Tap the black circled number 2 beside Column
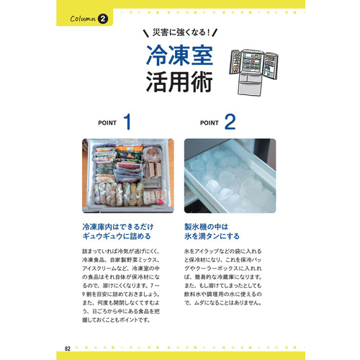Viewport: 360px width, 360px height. click(103, 19)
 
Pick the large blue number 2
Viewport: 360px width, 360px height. click(230, 122)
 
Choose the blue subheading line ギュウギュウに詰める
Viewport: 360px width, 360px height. click(115, 236)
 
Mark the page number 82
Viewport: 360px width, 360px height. click(67, 330)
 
